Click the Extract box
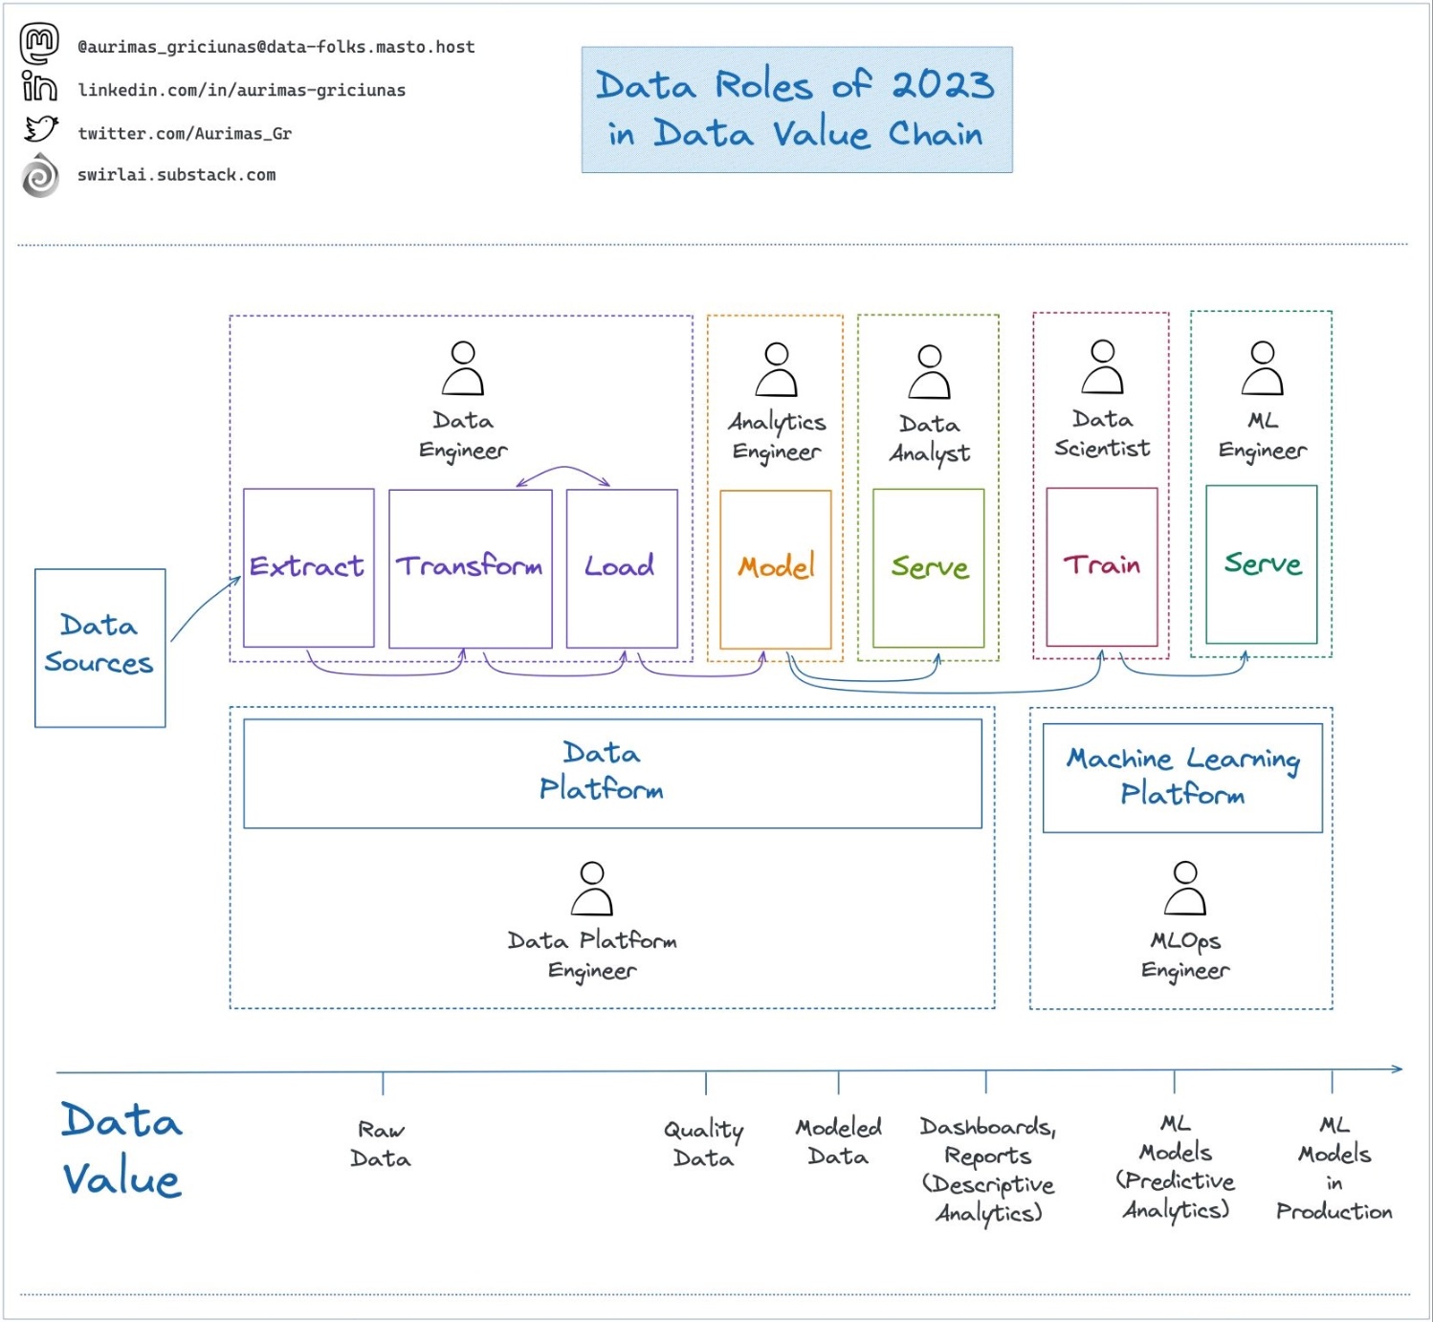click(308, 567)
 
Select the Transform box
click(470, 567)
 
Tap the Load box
click(622, 567)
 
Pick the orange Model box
click(775, 568)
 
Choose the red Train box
click(1101, 566)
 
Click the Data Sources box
click(99, 647)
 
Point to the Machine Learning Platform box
click(1182, 777)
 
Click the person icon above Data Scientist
click(1102, 366)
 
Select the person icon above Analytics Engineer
click(777, 369)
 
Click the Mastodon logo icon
click(40, 43)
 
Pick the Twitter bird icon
click(41, 128)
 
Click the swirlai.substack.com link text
click(177, 175)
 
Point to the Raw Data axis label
click(381, 1144)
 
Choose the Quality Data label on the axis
click(704, 1144)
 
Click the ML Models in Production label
click(1334, 1168)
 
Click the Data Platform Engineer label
click(592, 955)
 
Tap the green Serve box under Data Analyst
click(928, 567)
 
